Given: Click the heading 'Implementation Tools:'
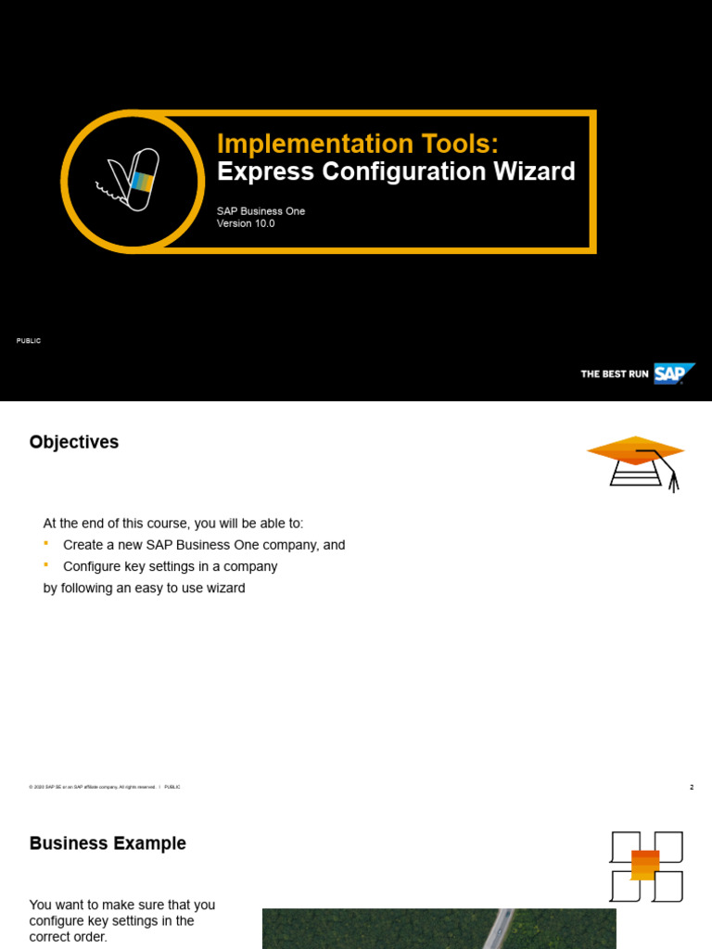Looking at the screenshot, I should tap(357, 144).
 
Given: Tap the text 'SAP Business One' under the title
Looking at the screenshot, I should tap(261, 211).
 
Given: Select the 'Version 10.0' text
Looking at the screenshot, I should tap(246, 224).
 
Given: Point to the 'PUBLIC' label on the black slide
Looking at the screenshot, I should tap(29, 341).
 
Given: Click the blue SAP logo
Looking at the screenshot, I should tap(672, 373).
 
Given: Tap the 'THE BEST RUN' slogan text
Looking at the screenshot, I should tap(614, 374).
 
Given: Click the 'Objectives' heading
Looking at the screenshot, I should tap(74, 442).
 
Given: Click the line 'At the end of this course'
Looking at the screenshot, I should tap(173, 524).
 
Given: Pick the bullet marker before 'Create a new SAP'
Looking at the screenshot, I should tap(46, 544).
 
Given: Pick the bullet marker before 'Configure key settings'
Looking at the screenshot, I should tap(46, 565).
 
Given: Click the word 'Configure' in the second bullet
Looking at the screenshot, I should tap(93, 566).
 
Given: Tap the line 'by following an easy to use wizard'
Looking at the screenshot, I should tap(145, 588).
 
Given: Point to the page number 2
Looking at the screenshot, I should tap(691, 787).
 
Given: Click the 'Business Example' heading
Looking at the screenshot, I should tap(108, 843).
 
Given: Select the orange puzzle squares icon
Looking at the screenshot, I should tap(646, 867).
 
